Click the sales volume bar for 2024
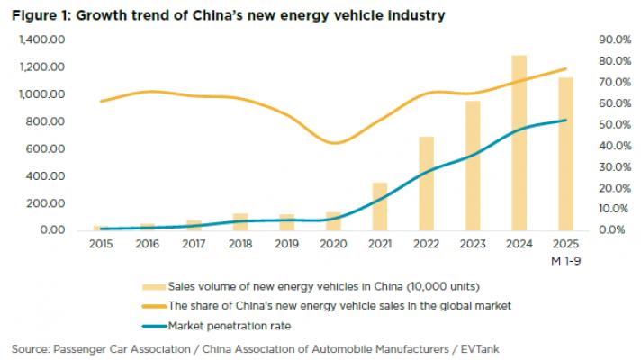click(x=519, y=144)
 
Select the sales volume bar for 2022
click(x=427, y=184)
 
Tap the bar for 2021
click(x=380, y=206)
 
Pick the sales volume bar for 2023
click(x=473, y=166)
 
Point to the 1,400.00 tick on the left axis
click(x=44, y=40)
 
